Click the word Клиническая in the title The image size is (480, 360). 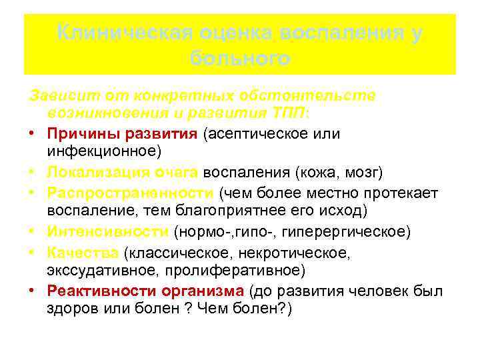coord(121,33)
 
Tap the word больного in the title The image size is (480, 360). coord(240,59)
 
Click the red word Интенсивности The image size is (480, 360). coord(107,232)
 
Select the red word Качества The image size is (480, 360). coord(83,253)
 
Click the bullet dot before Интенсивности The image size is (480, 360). coord(32,232)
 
